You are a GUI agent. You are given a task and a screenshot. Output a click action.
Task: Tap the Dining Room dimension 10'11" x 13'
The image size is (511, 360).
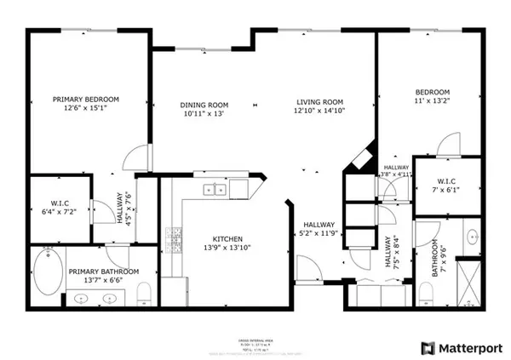click(204, 117)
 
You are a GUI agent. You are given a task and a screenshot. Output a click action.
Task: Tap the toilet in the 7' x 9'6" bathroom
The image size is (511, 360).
click(425, 289)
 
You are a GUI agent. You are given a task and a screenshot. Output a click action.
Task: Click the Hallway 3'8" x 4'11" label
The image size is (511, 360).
click(397, 171)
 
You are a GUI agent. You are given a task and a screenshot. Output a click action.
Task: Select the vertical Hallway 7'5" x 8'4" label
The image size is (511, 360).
click(391, 253)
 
